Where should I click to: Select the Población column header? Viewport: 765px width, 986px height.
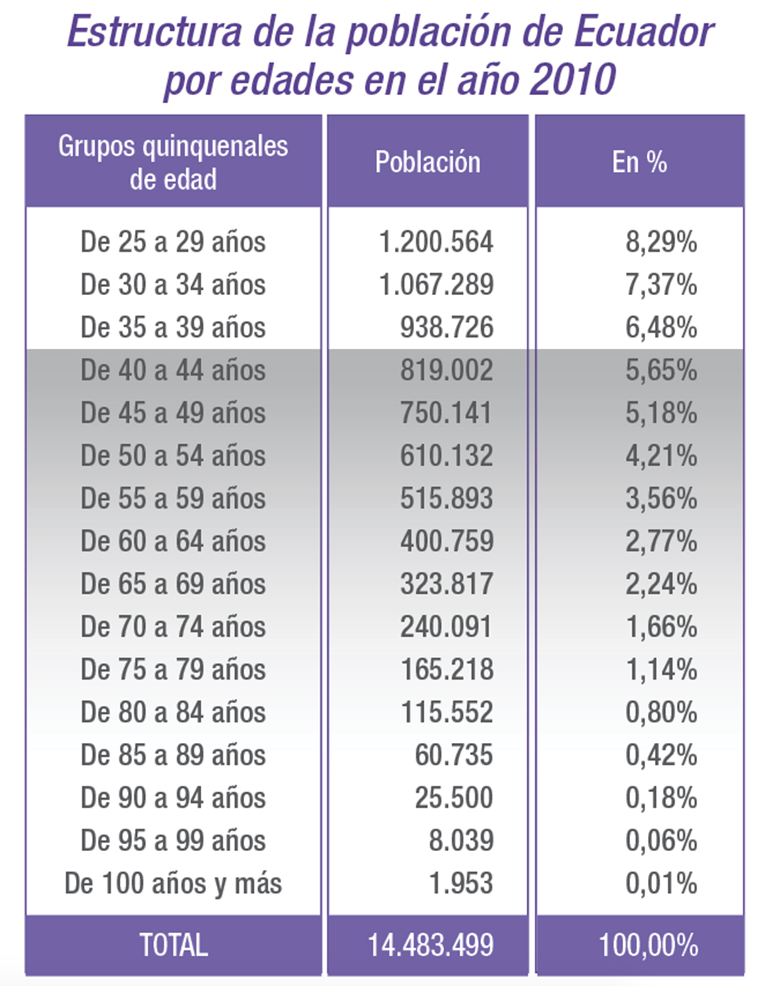428,162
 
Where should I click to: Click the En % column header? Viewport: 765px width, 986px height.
639,162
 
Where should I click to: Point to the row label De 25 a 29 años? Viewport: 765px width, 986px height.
172,242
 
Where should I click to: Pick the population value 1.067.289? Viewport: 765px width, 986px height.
437,285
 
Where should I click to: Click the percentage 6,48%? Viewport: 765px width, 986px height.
661,327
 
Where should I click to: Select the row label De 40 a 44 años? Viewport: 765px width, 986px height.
172,370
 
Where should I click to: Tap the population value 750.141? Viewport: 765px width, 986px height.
446,413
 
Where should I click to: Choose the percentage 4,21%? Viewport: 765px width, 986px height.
661,456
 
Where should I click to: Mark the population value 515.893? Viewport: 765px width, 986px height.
446,498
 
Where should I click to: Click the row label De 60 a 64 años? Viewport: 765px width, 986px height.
172,542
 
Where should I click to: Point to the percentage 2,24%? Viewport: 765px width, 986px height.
661,584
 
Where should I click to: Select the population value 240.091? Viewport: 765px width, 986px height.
446,627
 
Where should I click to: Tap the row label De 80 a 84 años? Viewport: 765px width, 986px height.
172,713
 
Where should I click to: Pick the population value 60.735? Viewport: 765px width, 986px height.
454,755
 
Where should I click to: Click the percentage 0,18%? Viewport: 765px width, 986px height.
661,798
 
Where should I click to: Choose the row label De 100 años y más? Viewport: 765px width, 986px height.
172,884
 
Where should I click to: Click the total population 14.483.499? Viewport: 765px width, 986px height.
430,946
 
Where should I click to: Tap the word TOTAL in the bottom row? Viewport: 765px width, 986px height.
173,946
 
